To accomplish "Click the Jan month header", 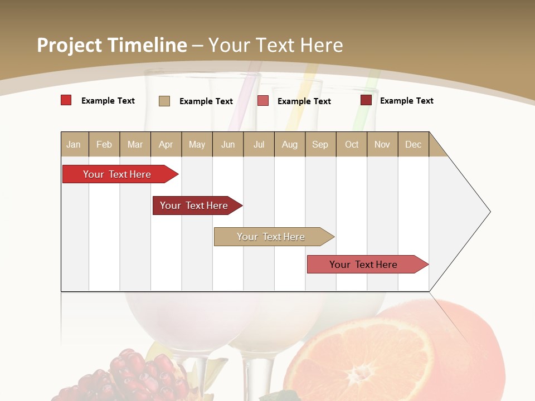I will click(x=74, y=144).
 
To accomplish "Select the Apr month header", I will click(x=166, y=144).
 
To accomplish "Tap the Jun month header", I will click(x=228, y=144).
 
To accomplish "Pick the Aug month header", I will click(x=289, y=144).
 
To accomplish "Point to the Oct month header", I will click(x=352, y=144).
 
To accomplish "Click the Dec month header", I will click(x=413, y=144).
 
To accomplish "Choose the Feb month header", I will click(x=104, y=144).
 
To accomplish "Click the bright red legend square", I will click(x=66, y=100).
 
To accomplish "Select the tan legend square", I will click(x=164, y=101).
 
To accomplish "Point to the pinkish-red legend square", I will click(x=263, y=101).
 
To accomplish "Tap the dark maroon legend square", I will click(x=366, y=100).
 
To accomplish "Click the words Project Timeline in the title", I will click(x=112, y=45).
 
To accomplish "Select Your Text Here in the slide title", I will click(x=275, y=45).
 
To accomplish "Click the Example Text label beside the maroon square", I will click(x=406, y=101).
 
